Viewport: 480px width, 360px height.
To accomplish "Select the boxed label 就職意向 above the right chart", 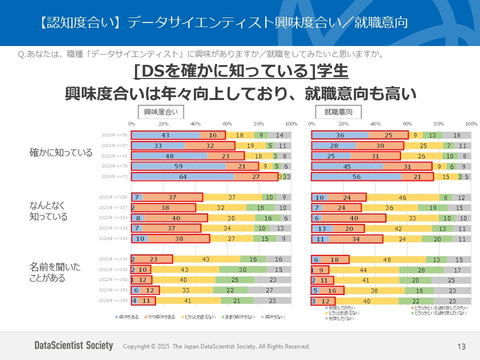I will [x=338, y=111].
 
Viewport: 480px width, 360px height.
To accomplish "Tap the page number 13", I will [x=461, y=346].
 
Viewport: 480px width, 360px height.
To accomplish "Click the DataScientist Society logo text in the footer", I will [x=73, y=345].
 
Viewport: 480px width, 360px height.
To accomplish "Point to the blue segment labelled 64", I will [x=182, y=176].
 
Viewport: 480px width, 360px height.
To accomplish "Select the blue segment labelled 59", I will [x=178, y=166].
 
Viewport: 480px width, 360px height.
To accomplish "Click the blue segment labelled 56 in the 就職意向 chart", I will [x=356, y=176].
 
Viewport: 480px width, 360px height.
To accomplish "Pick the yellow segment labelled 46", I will [x=402, y=197].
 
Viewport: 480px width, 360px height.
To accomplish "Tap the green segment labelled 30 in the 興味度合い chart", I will [x=242, y=269].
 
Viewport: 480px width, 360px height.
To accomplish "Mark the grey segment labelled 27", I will [x=269, y=290].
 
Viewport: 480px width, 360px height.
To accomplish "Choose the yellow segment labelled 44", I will [x=363, y=269].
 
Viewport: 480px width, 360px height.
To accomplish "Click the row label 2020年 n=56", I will [x=115, y=135].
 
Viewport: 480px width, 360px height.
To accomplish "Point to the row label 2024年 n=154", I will [x=114, y=301].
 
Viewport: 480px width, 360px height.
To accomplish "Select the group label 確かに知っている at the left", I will [x=61, y=153].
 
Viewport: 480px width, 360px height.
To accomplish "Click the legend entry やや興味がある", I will [x=160, y=316].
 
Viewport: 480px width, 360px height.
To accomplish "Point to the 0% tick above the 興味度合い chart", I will [x=131, y=123].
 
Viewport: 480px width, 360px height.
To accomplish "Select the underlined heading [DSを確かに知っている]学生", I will [x=241, y=72].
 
